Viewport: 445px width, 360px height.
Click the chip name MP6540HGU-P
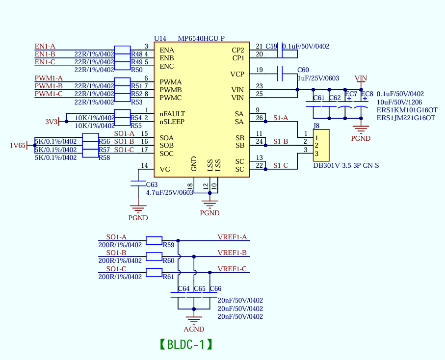pos(201,38)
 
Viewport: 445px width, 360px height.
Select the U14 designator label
pos(160,38)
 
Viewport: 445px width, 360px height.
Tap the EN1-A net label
pos(45,46)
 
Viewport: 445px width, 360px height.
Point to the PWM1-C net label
pos(49,94)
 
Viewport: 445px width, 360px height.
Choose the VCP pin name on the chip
pos(237,74)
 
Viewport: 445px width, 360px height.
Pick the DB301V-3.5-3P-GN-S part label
pos(346,165)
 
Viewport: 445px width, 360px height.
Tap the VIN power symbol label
pos(361,78)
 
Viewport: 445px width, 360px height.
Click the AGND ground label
pos(194,329)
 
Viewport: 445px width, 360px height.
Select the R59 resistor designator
pos(168,244)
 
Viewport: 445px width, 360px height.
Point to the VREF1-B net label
pos(232,253)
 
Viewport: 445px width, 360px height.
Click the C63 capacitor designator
pos(152,185)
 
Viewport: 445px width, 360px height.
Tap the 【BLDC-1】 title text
pos(186,344)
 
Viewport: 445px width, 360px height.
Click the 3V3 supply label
pos(51,122)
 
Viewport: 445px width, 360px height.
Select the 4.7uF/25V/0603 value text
pos(169,193)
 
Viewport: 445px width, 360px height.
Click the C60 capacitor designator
pos(303,70)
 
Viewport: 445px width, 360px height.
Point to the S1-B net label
pos(281,141)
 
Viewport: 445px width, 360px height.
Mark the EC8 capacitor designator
pos(367,94)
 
